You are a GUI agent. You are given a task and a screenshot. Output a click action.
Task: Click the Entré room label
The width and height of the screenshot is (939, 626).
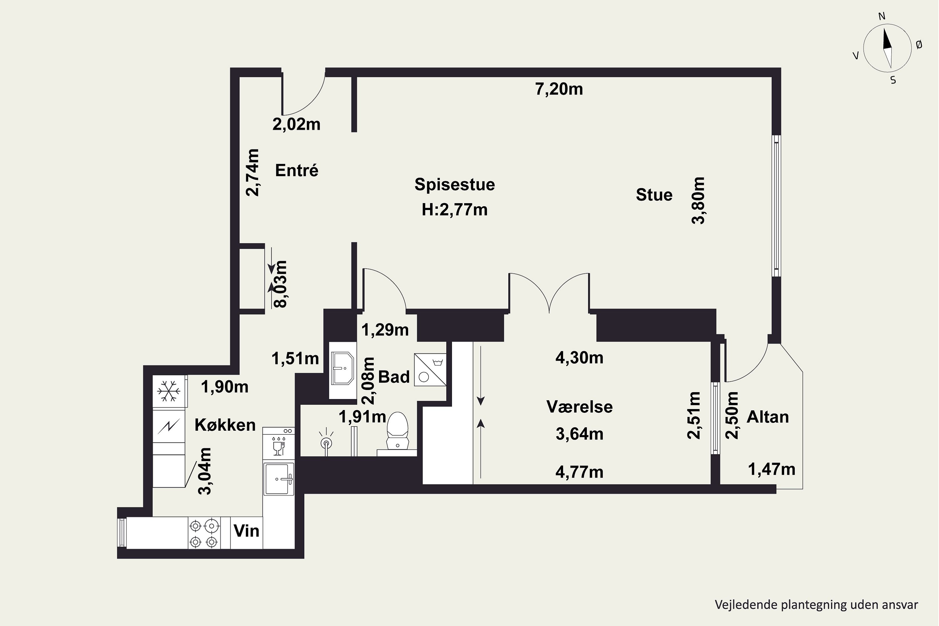[297, 171]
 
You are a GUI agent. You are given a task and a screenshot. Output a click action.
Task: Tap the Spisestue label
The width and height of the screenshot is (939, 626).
[454, 184]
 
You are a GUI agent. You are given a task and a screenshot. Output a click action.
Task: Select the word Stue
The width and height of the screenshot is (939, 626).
[654, 195]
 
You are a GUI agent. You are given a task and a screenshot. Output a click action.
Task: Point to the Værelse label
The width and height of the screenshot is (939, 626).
[579, 407]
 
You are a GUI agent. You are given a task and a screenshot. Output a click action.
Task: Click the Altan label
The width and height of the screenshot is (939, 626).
[768, 417]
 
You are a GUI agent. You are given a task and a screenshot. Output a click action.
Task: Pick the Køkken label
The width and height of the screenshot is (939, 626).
[225, 425]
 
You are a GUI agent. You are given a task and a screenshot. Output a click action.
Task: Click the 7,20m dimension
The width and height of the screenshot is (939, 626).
[559, 89]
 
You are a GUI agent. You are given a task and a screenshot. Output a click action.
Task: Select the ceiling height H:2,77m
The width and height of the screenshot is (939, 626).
[454, 210]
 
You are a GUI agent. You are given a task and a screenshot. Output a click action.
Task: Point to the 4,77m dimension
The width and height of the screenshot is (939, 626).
[579, 472]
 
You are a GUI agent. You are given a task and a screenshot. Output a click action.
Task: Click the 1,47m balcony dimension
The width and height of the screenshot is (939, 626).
[771, 469]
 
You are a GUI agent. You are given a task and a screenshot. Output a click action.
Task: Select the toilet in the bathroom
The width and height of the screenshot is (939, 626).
[397, 431]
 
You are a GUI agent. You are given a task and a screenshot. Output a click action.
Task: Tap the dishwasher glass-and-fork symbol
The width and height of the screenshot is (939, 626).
[278, 446]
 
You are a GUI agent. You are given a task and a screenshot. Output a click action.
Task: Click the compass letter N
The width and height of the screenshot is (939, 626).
[882, 16]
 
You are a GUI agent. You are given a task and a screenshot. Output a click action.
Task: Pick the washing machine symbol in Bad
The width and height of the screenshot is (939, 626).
[430, 370]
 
